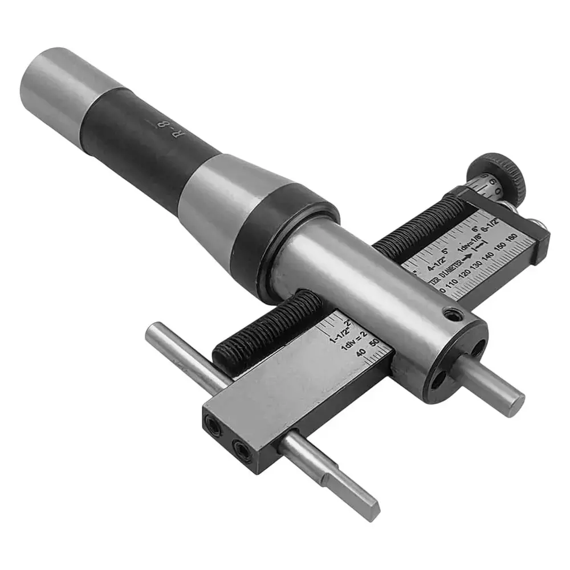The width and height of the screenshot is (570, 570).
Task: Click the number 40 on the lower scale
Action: coord(361,352)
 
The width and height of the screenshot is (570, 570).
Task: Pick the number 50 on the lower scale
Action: coord(374,343)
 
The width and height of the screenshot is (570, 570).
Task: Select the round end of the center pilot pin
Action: coord(515,402)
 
